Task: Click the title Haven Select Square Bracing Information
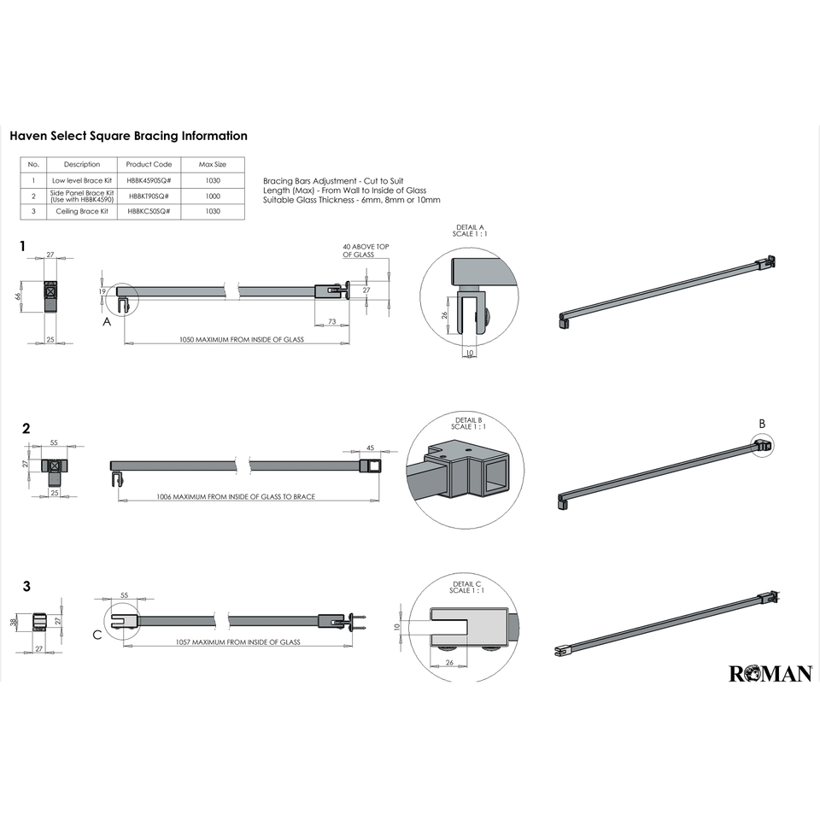(128, 136)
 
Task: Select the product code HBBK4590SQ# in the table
(149, 180)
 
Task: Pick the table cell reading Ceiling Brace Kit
(81, 211)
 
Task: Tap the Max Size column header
(213, 164)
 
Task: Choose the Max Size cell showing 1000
(213, 196)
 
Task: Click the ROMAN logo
(770, 674)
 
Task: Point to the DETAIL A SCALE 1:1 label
(469, 231)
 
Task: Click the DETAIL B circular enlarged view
(465, 475)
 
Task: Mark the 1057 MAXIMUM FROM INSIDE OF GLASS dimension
(237, 641)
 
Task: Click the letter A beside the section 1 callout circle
(107, 322)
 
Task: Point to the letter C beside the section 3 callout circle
(97, 635)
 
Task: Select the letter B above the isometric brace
(763, 423)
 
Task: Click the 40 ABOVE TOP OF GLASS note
(366, 251)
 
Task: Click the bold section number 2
(26, 429)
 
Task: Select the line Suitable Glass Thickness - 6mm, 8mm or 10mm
(352, 200)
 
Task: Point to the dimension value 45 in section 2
(370, 448)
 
